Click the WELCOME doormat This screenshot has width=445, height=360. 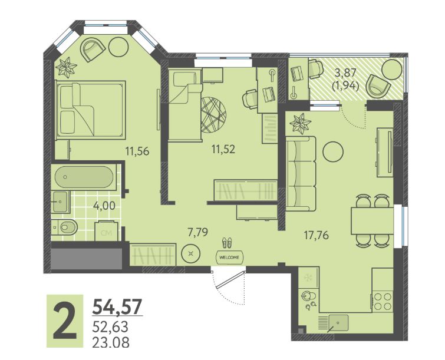click(x=230, y=257)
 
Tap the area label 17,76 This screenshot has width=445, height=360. click(x=317, y=235)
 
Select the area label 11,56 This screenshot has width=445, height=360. click(x=138, y=151)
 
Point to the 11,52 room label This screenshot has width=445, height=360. click(x=223, y=149)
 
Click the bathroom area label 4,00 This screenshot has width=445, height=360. click(x=104, y=206)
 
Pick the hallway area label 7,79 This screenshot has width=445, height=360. click(x=198, y=232)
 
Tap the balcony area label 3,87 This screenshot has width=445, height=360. click(x=345, y=73)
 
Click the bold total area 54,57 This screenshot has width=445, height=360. click(x=117, y=306)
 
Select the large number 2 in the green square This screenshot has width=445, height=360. click(x=65, y=321)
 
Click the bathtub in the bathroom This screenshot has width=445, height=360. click(x=84, y=177)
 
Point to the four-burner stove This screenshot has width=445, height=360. click(x=383, y=301)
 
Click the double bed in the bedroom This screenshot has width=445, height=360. click(x=91, y=110)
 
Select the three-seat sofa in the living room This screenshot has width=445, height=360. click(x=301, y=173)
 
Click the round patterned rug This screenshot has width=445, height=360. click(x=213, y=115)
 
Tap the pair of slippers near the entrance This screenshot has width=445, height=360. click(x=227, y=243)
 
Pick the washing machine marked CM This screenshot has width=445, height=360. click(x=107, y=231)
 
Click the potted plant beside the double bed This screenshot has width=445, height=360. click(x=66, y=68)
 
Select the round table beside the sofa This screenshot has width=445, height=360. click(x=333, y=152)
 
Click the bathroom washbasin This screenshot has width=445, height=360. click(x=61, y=202)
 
